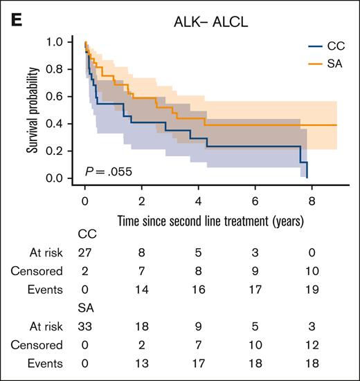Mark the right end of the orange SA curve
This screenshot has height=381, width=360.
click(x=336, y=125)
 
